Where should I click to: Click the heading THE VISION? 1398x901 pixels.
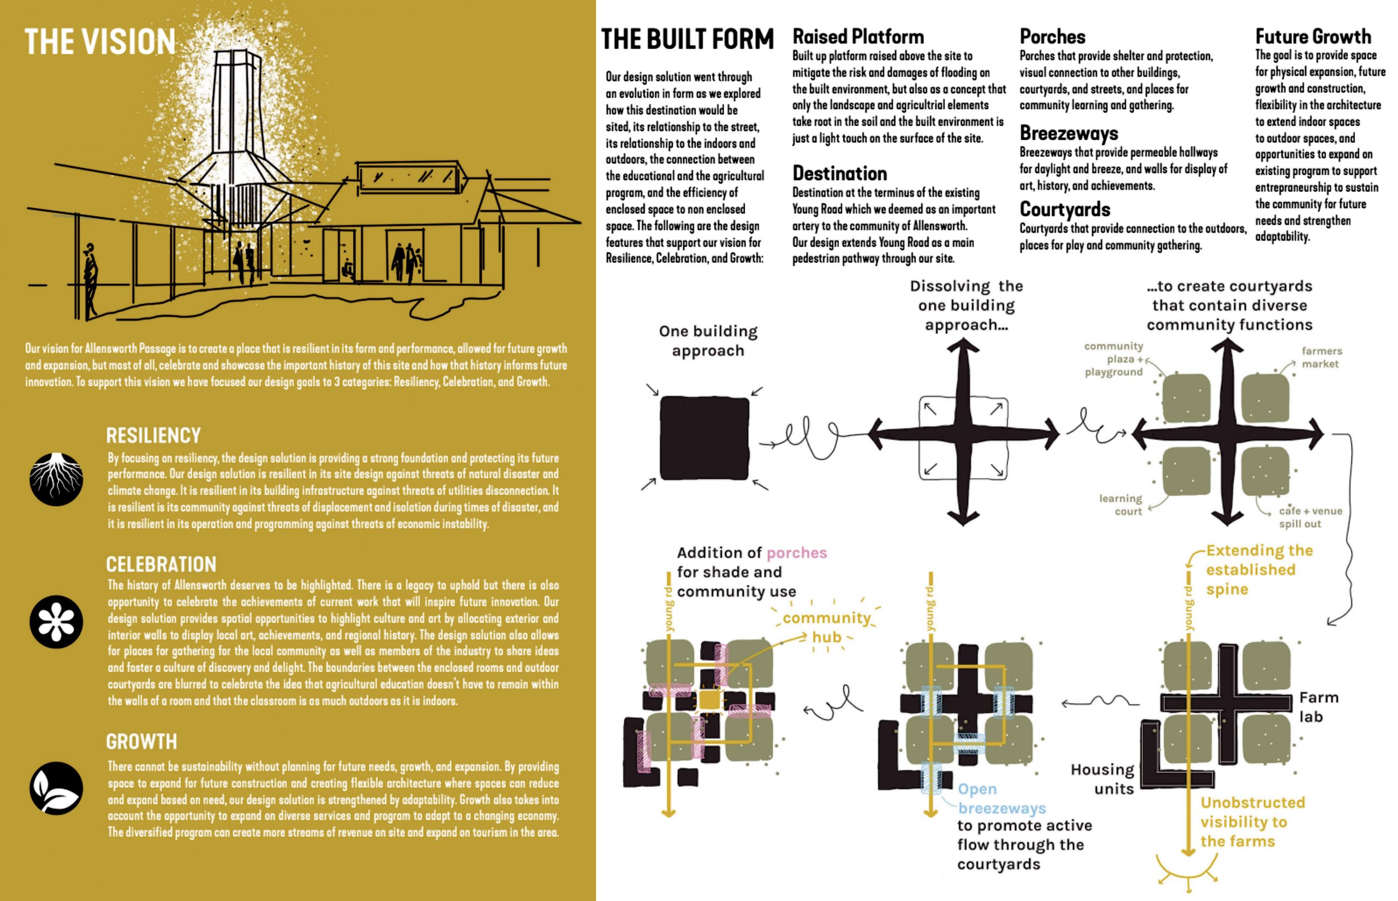click(x=100, y=42)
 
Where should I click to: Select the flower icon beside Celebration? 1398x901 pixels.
click(x=56, y=622)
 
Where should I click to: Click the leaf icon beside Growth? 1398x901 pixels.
click(x=56, y=788)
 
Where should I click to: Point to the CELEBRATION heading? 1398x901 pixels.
click(x=161, y=565)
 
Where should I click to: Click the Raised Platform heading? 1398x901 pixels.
click(x=858, y=37)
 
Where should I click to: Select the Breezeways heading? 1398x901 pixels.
click(x=1069, y=133)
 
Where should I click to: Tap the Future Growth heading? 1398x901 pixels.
click(x=1313, y=37)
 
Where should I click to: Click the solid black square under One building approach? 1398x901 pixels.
click(x=704, y=438)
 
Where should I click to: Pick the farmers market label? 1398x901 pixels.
click(x=1322, y=358)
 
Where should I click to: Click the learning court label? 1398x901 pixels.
click(x=1120, y=505)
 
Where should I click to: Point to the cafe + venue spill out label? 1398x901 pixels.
click(x=1310, y=517)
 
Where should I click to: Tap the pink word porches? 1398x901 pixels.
click(x=796, y=553)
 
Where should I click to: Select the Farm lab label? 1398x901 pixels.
click(x=1318, y=707)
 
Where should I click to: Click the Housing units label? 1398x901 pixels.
click(x=1102, y=779)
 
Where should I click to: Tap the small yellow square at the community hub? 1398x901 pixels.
click(x=709, y=700)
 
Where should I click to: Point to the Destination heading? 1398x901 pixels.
click(x=839, y=174)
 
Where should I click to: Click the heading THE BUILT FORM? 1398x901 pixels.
click(x=688, y=40)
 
